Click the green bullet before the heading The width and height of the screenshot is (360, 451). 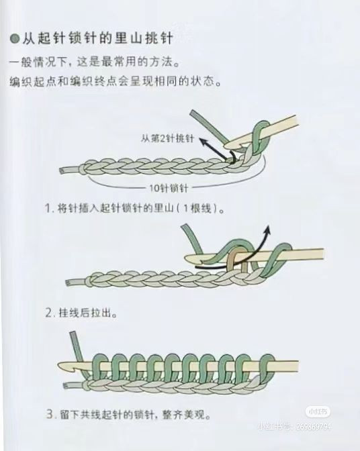click(x=15, y=38)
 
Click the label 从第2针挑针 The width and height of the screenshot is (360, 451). click(x=167, y=139)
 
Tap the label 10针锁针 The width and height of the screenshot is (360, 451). click(x=169, y=189)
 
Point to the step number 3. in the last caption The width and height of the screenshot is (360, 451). click(x=51, y=415)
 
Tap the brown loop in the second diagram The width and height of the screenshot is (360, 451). click(x=236, y=261)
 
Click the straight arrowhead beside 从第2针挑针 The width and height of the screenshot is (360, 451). click(x=203, y=141)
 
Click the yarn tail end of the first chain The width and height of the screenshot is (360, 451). click(x=61, y=171)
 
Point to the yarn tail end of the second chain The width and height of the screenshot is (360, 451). click(x=68, y=283)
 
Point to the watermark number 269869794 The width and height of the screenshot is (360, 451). click(x=314, y=426)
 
